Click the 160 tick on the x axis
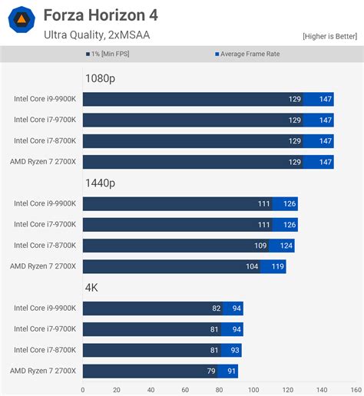[x=356, y=388]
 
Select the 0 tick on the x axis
[x=83, y=388]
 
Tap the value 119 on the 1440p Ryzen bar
[x=276, y=266]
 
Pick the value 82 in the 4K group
[x=216, y=309]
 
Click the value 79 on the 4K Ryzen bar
[x=210, y=371]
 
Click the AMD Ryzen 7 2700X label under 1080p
[x=43, y=162]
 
